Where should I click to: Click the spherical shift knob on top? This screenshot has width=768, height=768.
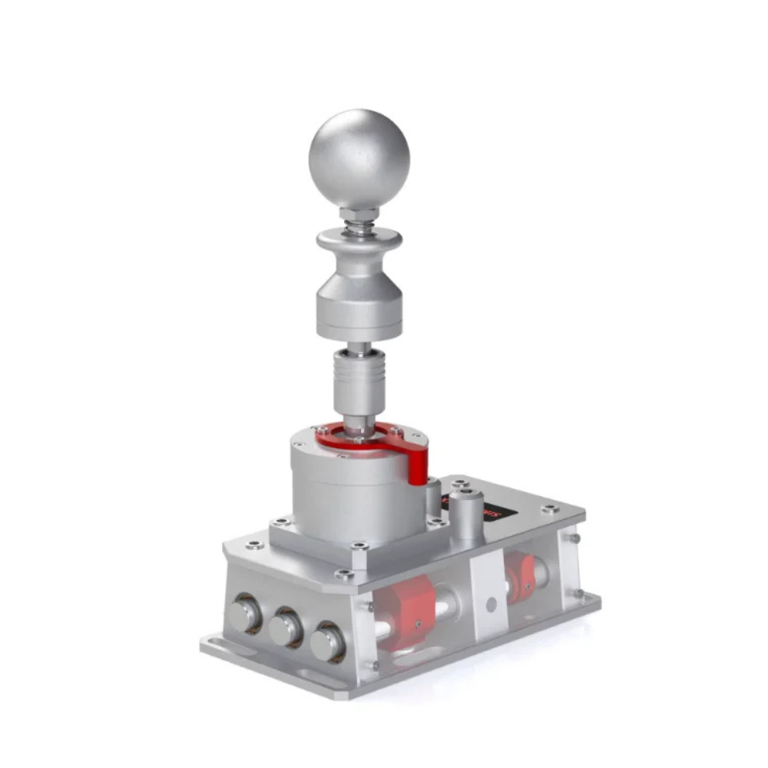click(359, 158)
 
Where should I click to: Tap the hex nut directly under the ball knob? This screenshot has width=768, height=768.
click(359, 213)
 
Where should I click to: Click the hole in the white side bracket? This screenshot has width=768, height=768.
click(491, 604)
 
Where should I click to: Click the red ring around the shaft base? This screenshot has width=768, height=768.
click(361, 440)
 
